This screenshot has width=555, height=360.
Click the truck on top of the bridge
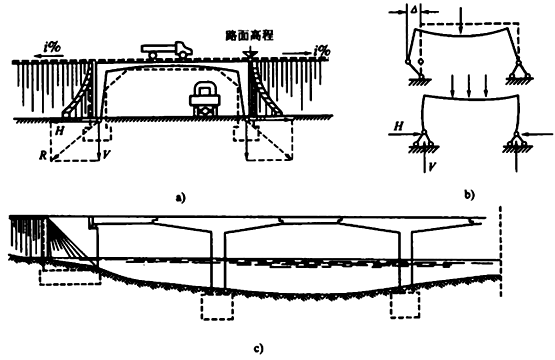[x=166, y=49]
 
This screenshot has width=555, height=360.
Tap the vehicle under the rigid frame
[x=205, y=98]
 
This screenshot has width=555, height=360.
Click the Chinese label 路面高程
[x=250, y=36]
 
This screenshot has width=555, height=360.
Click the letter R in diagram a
[x=42, y=155]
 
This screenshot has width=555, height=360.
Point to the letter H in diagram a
[x=60, y=131]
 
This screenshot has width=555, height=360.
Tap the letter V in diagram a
[x=105, y=154]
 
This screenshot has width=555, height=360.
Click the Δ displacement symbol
[x=413, y=10]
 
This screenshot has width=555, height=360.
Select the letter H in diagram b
[x=399, y=126]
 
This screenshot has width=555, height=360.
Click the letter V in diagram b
[x=431, y=166]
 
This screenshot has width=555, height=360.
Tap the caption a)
[x=180, y=197]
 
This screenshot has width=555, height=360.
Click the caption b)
[x=470, y=194]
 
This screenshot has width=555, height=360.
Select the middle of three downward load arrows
[x=469, y=86]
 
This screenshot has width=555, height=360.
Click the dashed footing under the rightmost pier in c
[x=405, y=305]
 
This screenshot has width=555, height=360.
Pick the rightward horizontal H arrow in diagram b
[x=404, y=134]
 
